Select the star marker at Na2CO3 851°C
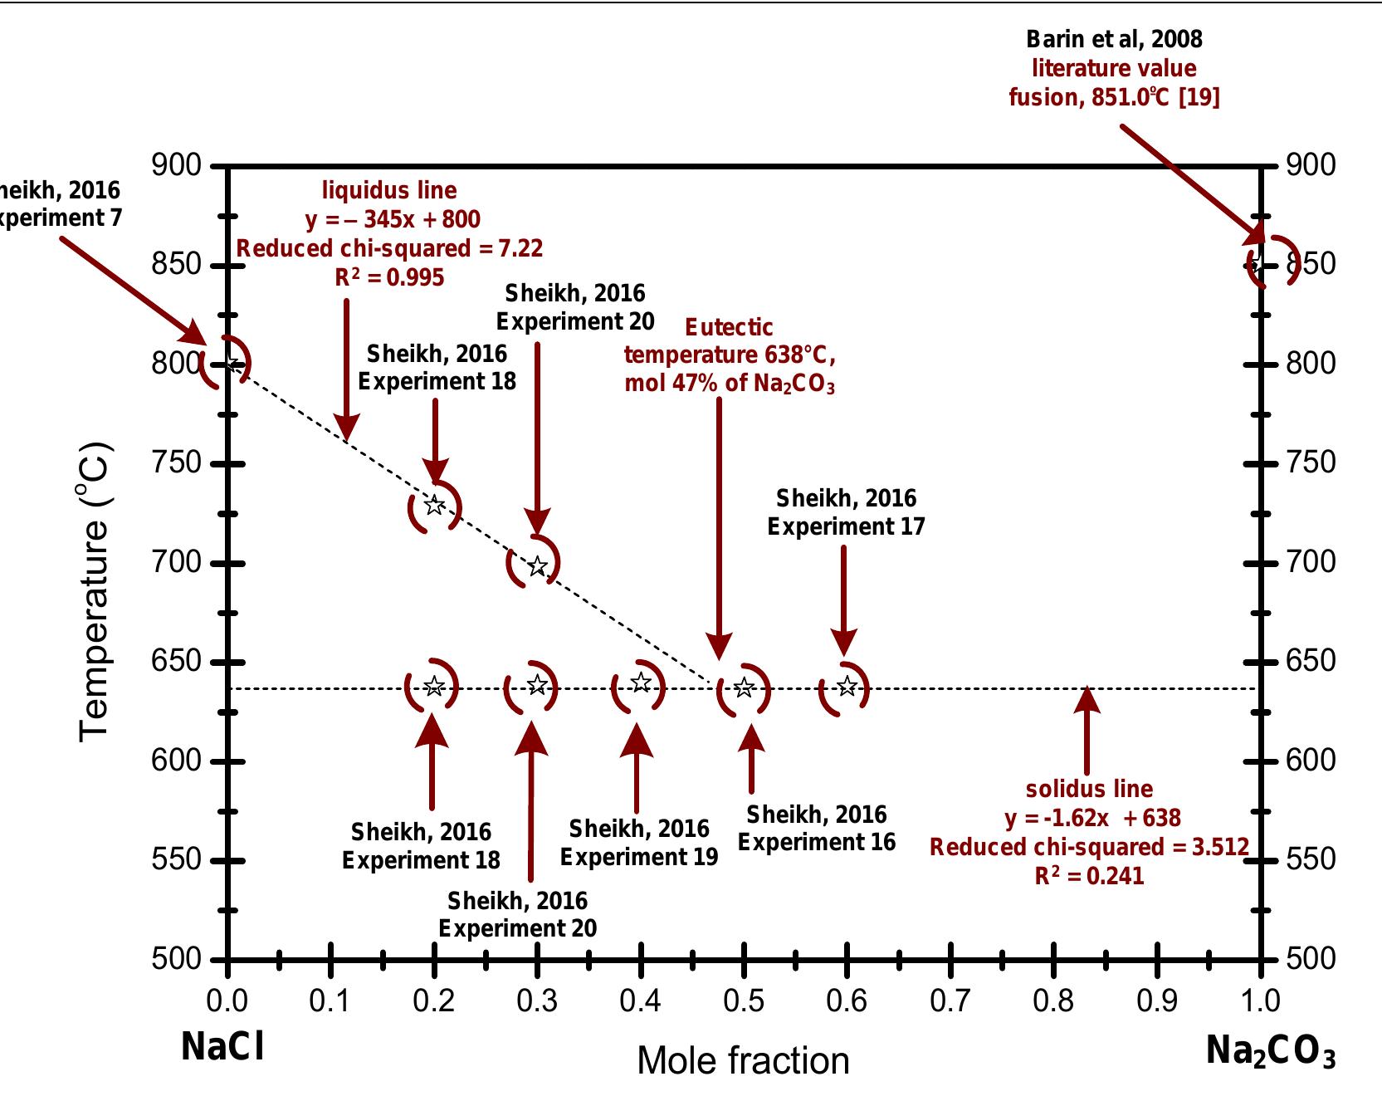coord(1257,264)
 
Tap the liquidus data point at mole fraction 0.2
coord(434,505)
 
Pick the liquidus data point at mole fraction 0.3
coord(538,566)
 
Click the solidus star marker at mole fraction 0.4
coord(641,683)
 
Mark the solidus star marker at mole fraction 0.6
coord(847,686)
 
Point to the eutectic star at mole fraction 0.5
coord(744,687)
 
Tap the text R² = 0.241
coord(1089,876)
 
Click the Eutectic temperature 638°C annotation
coord(729,355)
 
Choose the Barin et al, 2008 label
coord(1114,39)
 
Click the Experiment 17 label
coord(845,526)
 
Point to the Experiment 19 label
coord(638,856)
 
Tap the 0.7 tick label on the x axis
coord(950,1001)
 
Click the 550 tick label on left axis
coord(177,859)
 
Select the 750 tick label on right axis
coord(1311,462)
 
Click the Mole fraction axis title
coord(743,1060)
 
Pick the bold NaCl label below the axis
coord(222,1047)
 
